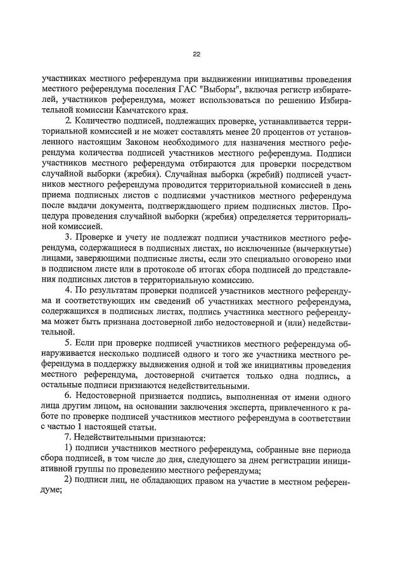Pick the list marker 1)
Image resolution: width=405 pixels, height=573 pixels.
point(70,450)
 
